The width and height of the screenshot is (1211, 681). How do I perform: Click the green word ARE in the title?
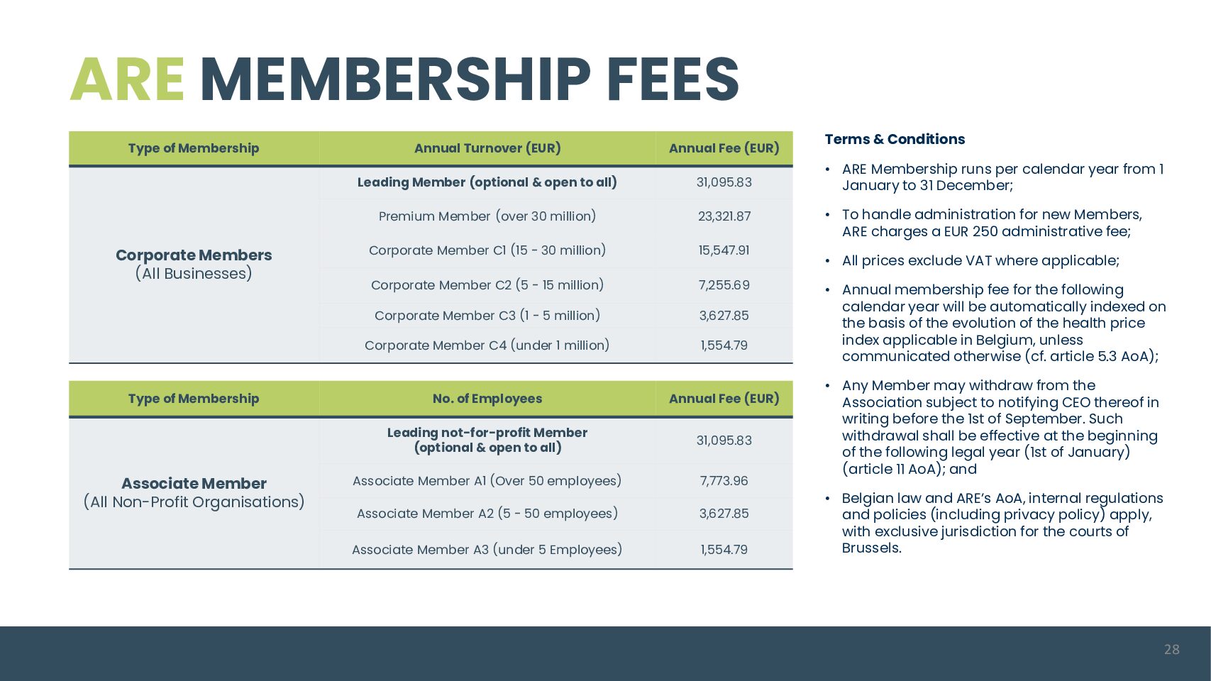click(127, 79)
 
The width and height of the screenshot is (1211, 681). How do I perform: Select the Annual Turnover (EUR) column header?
click(487, 148)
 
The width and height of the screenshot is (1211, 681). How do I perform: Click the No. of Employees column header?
click(487, 399)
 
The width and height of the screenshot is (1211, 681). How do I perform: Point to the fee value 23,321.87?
click(724, 216)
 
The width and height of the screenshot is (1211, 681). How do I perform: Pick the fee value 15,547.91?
click(724, 250)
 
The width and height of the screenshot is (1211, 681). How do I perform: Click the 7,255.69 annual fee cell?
click(724, 285)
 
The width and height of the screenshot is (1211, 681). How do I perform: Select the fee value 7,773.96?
click(724, 481)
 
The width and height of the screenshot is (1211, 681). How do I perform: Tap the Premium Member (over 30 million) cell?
click(487, 216)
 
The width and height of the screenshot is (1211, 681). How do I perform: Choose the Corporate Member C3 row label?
click(487, 316)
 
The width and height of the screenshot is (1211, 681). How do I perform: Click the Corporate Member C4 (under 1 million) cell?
click(487, 345)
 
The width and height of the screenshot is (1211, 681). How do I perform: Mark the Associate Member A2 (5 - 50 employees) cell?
click(487, 514)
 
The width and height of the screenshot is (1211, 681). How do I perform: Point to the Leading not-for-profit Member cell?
click(487, 440)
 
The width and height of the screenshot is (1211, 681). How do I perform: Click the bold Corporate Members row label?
click(194, 255)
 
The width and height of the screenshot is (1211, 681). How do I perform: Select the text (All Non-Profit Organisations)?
click(194, 502)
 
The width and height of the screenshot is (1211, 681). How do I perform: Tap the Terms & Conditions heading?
click(895, 139)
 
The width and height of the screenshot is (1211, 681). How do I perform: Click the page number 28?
click(1171, 649)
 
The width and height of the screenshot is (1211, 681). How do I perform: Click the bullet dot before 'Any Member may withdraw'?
click(827, 386)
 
